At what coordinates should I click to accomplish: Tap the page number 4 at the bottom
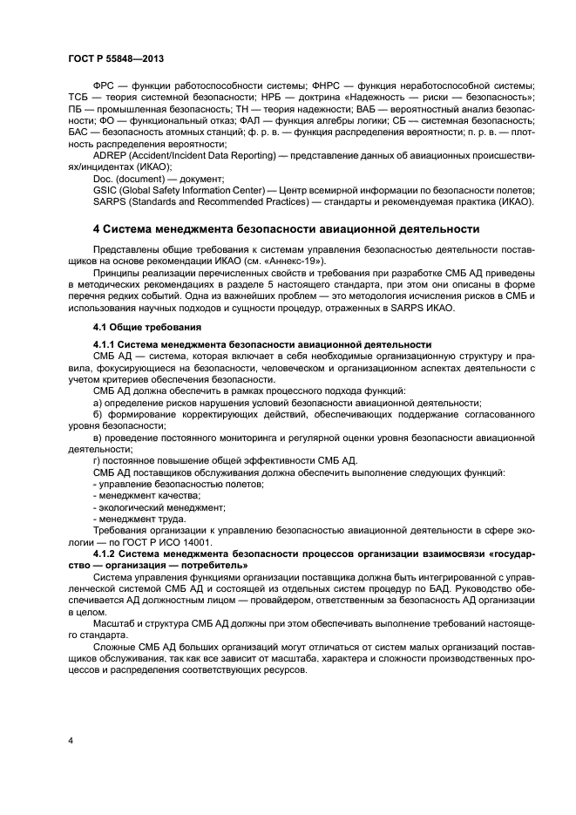click(x=71, y=741)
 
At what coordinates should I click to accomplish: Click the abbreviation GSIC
click(x=105, y=189)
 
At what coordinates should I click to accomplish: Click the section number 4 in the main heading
click(x=97, y=230)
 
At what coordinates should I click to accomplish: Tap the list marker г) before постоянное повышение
click(x=96, y=460)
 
